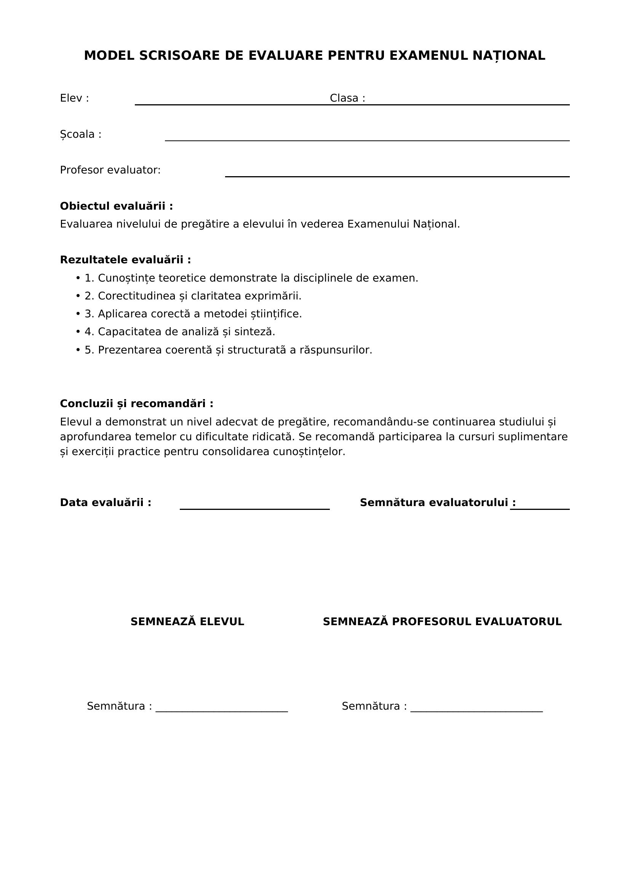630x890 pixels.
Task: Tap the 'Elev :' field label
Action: pyautogui.click(x=74, y=98)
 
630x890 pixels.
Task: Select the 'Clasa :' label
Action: pyautogui.click(x=347, y=98)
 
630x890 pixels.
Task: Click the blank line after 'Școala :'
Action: pyautogui.click(x=367, y=140)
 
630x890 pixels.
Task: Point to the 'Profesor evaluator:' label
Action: pyautogui.click(x=110, y=170)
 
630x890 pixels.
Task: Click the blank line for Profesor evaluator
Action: pyautogui.click(x=397, y=176)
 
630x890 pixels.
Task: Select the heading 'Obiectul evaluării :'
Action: pyautogui.click(x=117, y=206)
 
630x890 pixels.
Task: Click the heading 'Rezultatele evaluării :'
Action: pyautogui.click(x=125, y=260)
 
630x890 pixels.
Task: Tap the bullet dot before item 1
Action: pyautogui.click(x=78, y=278)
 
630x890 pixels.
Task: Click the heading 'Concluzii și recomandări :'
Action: pyautogui.click(x=137, y=404)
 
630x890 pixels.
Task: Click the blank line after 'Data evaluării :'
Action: pyautogui.click(x=254, y=509)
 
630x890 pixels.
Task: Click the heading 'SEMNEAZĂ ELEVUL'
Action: pyautogui.click(x=187, y=622)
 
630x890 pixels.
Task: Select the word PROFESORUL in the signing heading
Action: pyautogui.click(x=432, y=622)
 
